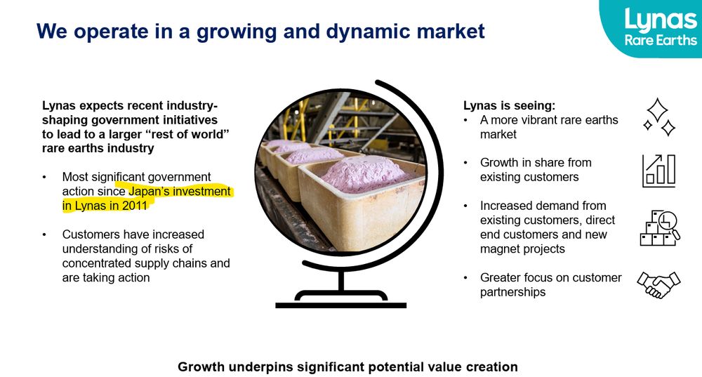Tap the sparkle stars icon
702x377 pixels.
[x=658, y=117]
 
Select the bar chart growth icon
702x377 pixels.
[x=658, y=171]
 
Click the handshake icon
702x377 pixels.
[x=658, y=284]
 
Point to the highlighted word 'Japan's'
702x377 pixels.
[x=150, y=191]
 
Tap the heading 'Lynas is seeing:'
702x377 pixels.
[x=509, y=106]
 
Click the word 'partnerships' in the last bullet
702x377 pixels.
[x=512, y=292]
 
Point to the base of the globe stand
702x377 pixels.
[x=340, y=304]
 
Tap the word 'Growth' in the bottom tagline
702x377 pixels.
[x=199, y=366]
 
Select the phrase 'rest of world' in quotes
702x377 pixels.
[x=190, y=134]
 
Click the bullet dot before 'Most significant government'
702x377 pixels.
[x=45, y=177]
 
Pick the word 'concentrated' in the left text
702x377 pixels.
[x=96, y=263]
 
